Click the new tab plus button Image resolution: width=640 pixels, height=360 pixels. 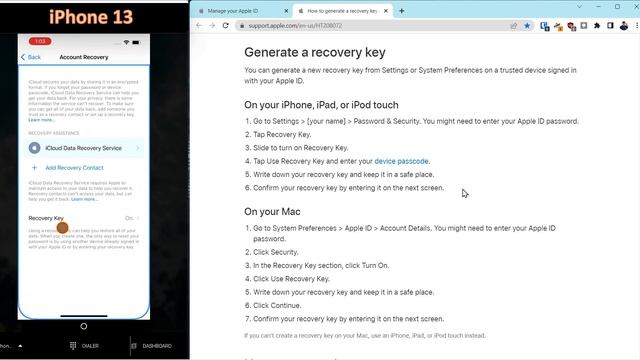pyautogui.click(x=402, y=11)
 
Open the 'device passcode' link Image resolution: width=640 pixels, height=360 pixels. pyautogui.click(x=401, y=161)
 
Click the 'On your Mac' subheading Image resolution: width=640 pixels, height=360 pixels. pyautogui.click(x=278, y=211)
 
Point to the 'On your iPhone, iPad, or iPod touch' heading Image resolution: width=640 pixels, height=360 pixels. pyautogui.click(x=321, y=104)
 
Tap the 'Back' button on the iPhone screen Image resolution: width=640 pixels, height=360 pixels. pyautogui.click(x=32, y=58)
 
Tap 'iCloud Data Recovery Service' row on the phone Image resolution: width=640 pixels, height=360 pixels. pyautogui.click(x=83, y=148)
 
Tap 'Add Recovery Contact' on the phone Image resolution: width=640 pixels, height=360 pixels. pyautogui.click(x=73, y=168)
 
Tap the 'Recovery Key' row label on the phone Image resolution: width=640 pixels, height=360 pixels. pyautogui.click(x=46, y=217)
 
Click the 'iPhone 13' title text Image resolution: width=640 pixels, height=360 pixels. pyautogui.click(x=85, y=16)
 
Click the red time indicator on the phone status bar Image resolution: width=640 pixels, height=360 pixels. pyautogui.click(x=41, y=42)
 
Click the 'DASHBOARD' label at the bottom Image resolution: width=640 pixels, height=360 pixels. pyautogui.click(x=157, y=346)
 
